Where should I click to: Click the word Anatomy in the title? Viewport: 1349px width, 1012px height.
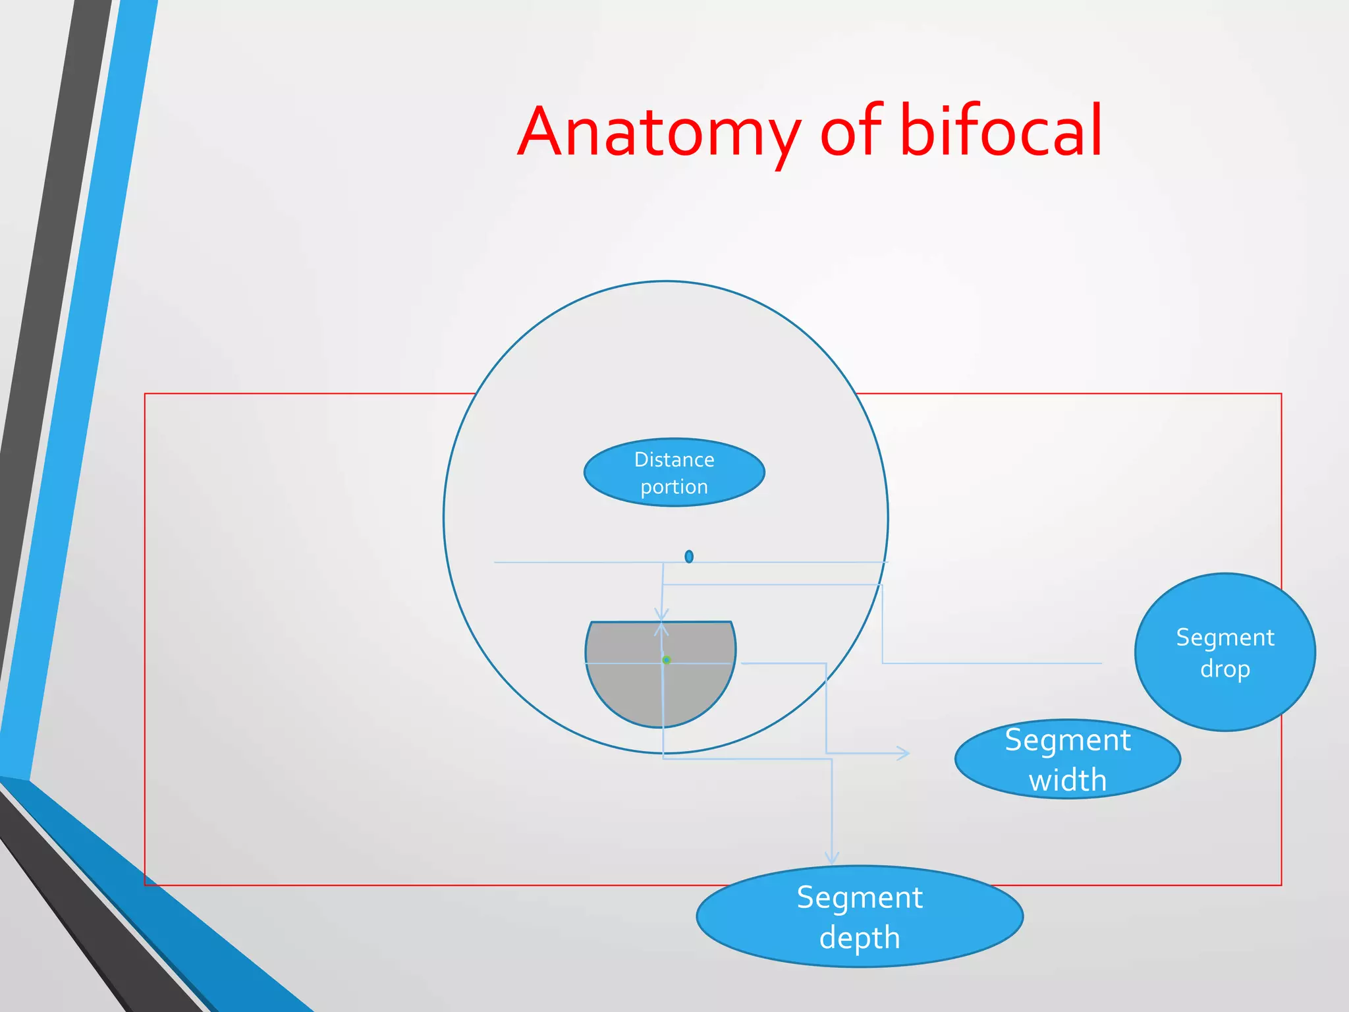pyautogui.click(x=659, y=132)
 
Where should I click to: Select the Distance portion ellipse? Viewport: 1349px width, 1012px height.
pyautogui.click(x=674, y=472)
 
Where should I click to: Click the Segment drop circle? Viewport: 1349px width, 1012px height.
pyautogui.click(x=1225, y=652)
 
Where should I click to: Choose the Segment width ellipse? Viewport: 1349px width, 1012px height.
pyautogui.click(x=1067, y=759)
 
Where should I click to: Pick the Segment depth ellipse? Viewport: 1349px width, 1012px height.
pyautogui.click(x=860, y=916)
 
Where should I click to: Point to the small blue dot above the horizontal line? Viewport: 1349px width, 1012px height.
pyautogui.click(x=689, y=557)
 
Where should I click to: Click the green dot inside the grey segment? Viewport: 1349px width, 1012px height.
pyautogui.click(x=667, y=660)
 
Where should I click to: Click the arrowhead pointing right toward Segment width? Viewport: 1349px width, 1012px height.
pyautogui.click(x=905, y=752)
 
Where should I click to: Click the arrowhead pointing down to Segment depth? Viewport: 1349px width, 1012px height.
pyautogui.click(x=832, y=858)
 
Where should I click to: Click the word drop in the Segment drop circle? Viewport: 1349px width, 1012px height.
pyautogui.click(x=1225, y=669)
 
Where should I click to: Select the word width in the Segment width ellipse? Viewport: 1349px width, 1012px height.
pyautogui.click(x=1067, y=780)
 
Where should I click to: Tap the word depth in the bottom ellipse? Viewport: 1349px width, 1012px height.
pyautogui.click(x=860, y=938)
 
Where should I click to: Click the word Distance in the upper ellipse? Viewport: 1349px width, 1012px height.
pyautogui.click(x=674, y=459)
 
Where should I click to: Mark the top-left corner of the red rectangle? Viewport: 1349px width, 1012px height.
pyautogui.click(x=145, y=394)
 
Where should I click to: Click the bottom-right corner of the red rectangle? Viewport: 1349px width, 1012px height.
pyautogui.click(x=1281, y=885)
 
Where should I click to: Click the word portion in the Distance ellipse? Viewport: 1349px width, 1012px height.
pyautogui.click(x=674, y=487)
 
